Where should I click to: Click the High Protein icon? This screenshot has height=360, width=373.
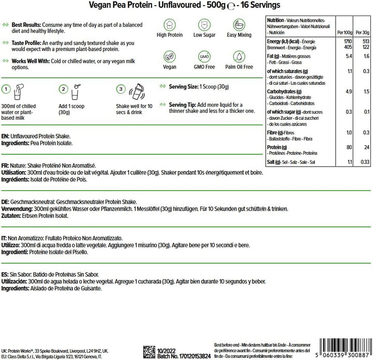(x=169, y=24)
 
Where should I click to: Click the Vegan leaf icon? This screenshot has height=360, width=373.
(x=169, y=57)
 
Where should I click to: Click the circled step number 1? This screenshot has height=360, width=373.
(x=7, y=89)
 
